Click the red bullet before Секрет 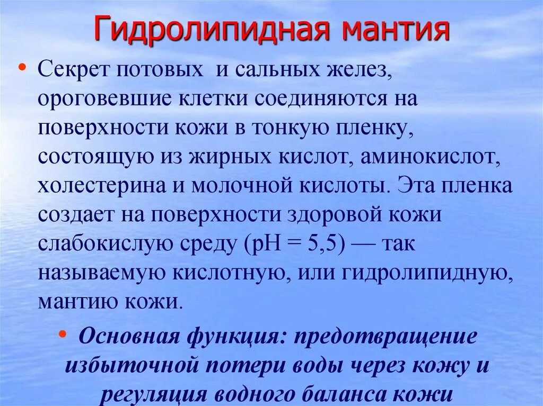click(x=22, y=68)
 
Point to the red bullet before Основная click(x=63, y=335)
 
